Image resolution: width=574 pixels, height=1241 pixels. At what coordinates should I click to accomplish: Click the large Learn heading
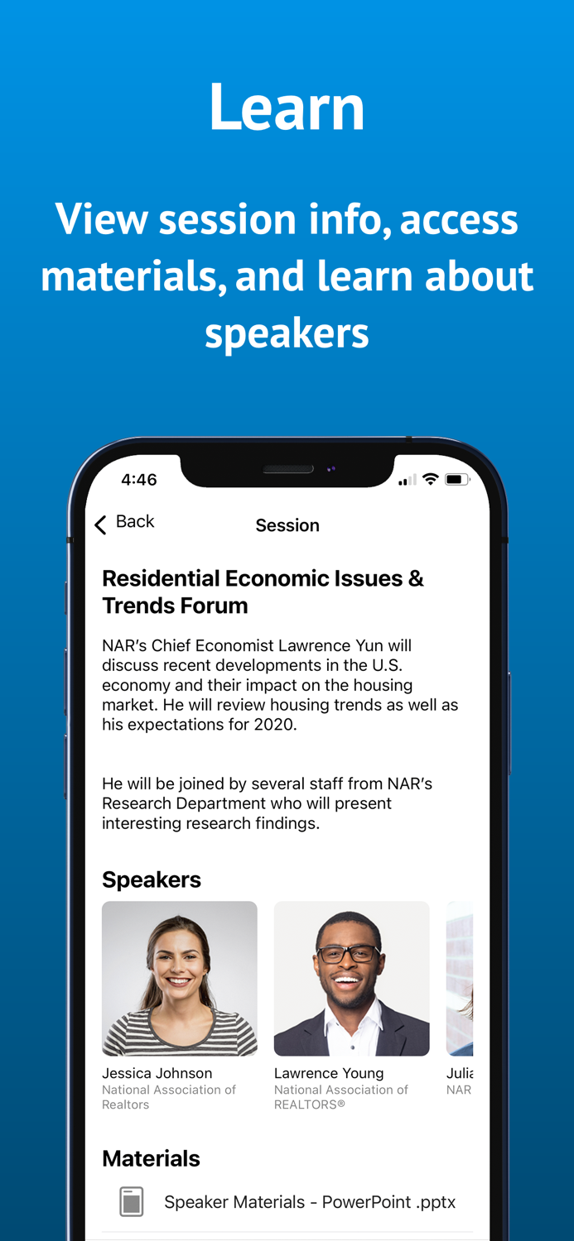pyautogui.click(x=287, y=108)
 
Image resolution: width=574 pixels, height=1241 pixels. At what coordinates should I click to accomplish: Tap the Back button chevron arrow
pyautogui.click(x=101, y=525)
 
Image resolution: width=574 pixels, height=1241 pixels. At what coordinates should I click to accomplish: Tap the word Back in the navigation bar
pyautogui.click(x=135, y=522)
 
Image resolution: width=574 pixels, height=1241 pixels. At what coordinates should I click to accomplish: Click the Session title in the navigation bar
pyautogui.click(x=287, y=525)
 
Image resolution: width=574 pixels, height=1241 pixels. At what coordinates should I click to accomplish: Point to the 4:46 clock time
pyautogui.click(x=138, y=480)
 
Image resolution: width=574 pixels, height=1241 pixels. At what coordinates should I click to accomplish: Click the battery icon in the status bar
pyautogui.click(x=457, y=480)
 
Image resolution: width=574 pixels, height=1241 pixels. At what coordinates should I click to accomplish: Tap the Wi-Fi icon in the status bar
pyautogui.click(x=430, y=479)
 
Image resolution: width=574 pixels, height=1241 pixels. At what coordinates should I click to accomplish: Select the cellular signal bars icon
pyautogui.click(x=407, y=481)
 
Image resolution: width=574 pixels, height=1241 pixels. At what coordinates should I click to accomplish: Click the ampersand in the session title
pyautogui.click(x=416, y=578)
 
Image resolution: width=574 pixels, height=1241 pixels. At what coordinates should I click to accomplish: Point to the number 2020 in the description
pyautogui.click(x=273, y=725)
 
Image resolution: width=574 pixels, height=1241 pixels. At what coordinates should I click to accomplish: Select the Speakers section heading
pyautogui.click(x=152, y=879)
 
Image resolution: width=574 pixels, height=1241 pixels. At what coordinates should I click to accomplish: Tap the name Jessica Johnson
pyautogui.click(x=157, y=1073)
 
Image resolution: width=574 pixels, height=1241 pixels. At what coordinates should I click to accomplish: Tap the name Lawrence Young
pyautogui.click(x=329, y=1073)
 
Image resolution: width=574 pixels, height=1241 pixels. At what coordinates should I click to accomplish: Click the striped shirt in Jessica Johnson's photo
pyautogui.click(x=180, y=1034)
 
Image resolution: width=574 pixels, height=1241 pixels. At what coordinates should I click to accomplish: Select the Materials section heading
pyautogui.click(x=151, y=1158)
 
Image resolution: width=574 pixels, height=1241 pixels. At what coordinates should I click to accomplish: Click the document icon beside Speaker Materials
pyautogui.click(x=131, y=1202)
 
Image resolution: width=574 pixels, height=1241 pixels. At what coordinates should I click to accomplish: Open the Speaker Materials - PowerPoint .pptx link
pyautogui.click(x=310, y=1202)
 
